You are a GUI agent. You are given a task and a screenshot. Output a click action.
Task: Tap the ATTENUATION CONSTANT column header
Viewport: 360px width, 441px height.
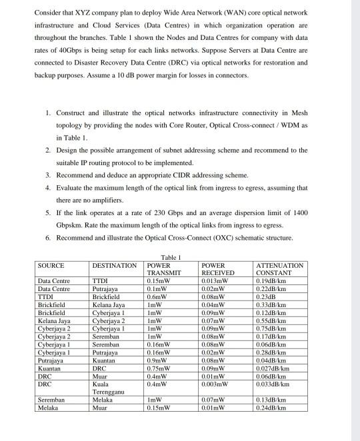click(280, 268)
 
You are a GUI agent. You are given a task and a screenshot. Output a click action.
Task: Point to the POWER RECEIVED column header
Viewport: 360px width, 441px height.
click(217, 268)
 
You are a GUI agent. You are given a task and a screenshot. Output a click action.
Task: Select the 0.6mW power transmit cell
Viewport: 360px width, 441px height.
click(157, 296)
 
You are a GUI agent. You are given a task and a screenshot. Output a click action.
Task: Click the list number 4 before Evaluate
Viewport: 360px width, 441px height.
click(49, 188)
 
